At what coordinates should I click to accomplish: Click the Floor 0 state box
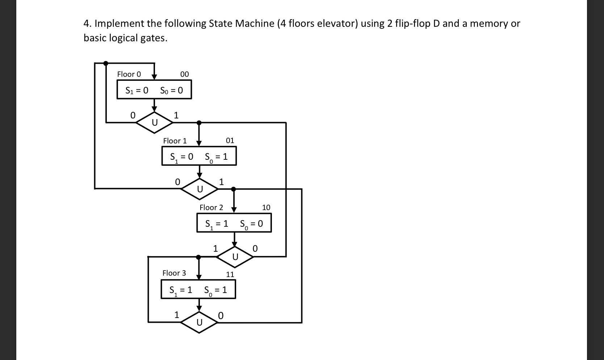[x=154, y=90]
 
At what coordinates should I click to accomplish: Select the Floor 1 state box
[x=199, y=156]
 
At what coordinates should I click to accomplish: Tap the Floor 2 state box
[x=234, y=223]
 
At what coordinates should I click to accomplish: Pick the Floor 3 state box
[x=198, y=290]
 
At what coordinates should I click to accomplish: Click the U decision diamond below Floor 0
[x=154, y=123]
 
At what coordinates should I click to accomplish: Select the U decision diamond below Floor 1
[x=200, y=189]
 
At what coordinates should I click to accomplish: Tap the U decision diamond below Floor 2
[x=235, y=256]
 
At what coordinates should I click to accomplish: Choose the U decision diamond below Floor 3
[x=199, y=322]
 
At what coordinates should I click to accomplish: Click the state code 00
[x=184, y=74]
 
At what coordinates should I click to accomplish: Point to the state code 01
[x=230, y=141]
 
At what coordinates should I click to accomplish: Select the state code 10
[x=266, y=208]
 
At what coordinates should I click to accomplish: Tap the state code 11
[x=230, y=275]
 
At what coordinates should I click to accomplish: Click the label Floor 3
[x=174, y=273]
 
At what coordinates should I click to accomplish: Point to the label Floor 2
[x=211, y=208]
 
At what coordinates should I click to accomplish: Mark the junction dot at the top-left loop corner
[x=106, y=63]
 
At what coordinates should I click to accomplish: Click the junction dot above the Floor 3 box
[x=198, y=257]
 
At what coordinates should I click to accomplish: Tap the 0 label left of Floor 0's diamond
[x=133, y=116]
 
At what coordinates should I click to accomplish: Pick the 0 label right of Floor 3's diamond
[x=221, y=316]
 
